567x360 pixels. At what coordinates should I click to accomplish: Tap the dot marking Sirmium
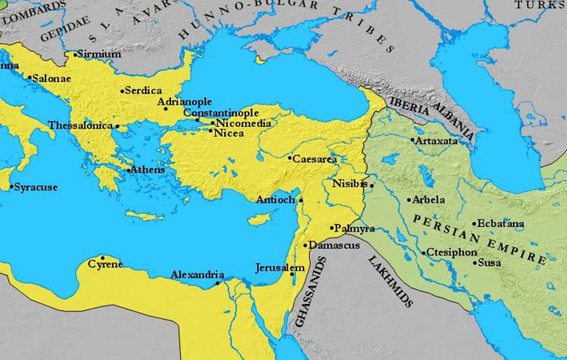[75, 55]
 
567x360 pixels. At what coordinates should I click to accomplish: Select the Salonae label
[54, 78]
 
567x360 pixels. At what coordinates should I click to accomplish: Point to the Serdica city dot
[123, 91]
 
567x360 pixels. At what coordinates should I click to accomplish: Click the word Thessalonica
[80, 126]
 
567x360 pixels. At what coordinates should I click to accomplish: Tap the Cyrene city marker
[102, 258]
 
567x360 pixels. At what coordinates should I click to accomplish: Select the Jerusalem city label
[280, 267]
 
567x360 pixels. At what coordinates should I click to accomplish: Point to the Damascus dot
[306, 245]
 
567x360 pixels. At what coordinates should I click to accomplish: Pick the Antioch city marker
[300, 200]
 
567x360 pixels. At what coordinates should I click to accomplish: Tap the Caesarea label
[315, 159]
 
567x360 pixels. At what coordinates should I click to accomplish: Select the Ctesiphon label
[452, 252]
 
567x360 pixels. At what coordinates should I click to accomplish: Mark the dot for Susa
[474, 263]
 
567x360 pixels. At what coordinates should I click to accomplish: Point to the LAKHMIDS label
[390, 279]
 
